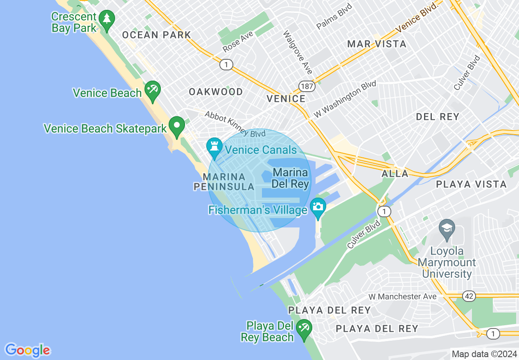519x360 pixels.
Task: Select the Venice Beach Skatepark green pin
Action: click(x=177, y=126)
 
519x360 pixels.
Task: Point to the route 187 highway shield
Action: click(x=307, y=86)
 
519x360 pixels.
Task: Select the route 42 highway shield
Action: click(x=469, y=296)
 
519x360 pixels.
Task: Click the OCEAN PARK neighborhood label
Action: click(x=157, y=35)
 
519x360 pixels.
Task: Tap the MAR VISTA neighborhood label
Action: click(x=377, y=44)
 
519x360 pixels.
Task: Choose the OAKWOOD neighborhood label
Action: click(x=216, y=92)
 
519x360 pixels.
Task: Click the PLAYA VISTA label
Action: click(x=471, y=184)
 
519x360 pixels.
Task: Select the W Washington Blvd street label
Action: click(x=345, y=100)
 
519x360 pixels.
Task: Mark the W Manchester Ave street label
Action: click(x=402, y=296)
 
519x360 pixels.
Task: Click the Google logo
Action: click(x=27, y=350)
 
